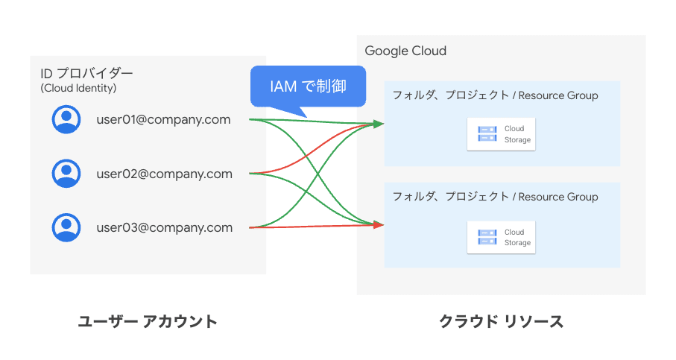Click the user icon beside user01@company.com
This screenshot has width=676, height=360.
(x=66, y=120)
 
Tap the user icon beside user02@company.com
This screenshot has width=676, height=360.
(x=66, y=174)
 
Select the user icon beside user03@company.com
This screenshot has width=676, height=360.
(x=66, y=227)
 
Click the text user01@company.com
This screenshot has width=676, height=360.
(x=163, y=119)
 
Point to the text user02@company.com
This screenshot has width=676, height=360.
(x=164, y=174)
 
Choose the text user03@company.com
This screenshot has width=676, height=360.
(x=164, y=228)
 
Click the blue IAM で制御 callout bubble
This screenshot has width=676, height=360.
(x=308, y=87)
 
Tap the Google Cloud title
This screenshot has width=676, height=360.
(x=405, y=51)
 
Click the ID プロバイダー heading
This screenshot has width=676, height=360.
(x=86, y=74)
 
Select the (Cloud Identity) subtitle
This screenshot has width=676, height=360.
(x=78, y=88)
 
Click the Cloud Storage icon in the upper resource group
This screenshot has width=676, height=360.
(x=487, y=134)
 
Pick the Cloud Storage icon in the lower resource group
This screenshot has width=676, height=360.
(x=487, y=237)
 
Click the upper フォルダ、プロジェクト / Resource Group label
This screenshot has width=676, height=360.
(x=495, y=95)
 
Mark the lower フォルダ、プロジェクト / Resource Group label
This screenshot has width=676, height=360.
(x=495, y=197)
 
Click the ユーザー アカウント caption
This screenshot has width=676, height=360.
(x=148, y=322)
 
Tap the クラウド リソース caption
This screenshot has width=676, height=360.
(x=501, y=322)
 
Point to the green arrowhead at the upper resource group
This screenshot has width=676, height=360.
(x=379, y=123)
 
